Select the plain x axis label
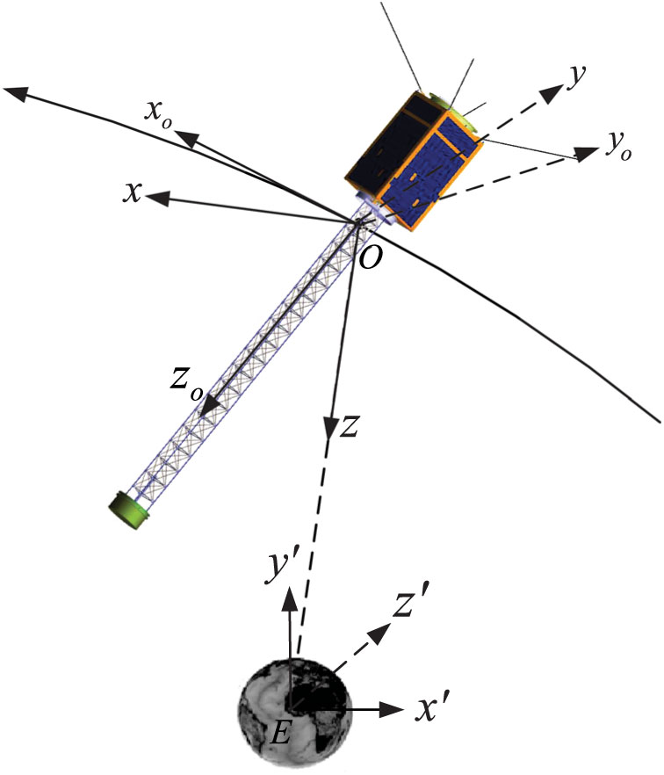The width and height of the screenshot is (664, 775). click(134, 192)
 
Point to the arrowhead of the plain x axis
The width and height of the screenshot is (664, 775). click(156, 199)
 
